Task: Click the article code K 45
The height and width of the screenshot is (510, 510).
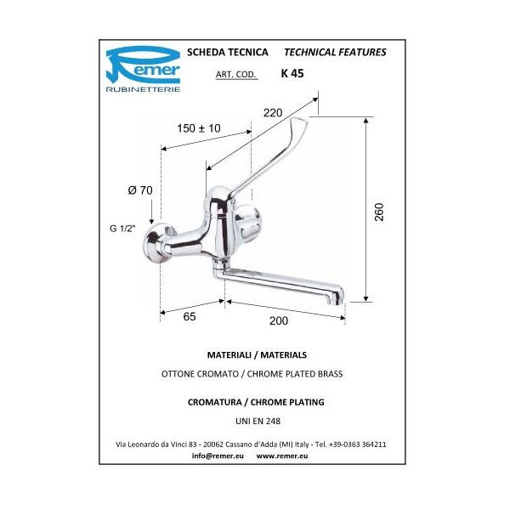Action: click(x=292, y=73)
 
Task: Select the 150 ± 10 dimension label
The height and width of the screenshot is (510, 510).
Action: click(x=199, y=127)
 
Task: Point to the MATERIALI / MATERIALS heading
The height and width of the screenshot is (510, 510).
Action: click(x=256, y=354)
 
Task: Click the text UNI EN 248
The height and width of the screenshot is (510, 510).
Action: click(x=256, y=420)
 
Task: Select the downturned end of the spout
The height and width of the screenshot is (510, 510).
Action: click(x=337, y=298)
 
